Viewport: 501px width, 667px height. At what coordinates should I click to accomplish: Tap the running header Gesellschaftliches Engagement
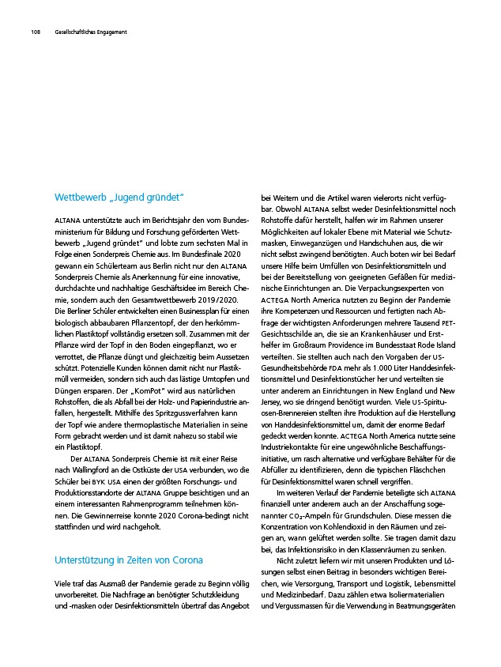click(90, 32)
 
